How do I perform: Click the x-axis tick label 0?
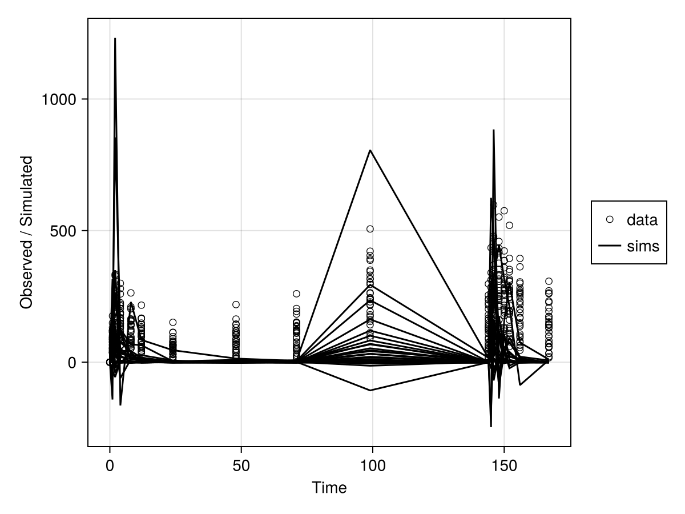pyautogui.click(x=110, y=465)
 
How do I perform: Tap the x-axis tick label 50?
pyautogui.click(x=241, y=465)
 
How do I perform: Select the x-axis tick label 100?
pyautogui.click(x=373, y=465)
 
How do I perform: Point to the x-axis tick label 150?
pyautogui.click(x=504, y=465)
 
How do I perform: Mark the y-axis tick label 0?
pyautogui.click(x=72, y=362)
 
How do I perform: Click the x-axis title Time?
pyautogui.click(x=329, y=488)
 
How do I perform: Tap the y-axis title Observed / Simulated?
pyautogui.click(x=26, y=232)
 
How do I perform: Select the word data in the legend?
pyautogui.click(x=642, y=219)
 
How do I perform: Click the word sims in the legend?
pyautogui.click(x=643, y=246)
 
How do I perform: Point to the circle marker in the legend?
pyautogui.click(x=610, y=219)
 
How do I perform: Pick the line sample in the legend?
pyautogui.click(x=610, y=246)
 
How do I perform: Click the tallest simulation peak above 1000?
pyautogui.click(x=115, y=39)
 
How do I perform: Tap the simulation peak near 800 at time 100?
pyautogui.click(x=370, y=150)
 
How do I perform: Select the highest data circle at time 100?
pyautogui.click(x=370, y=229)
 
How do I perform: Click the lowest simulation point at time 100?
pyautogui.click(x=370, y=390)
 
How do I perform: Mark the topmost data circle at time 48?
pyautogui.click(x=236, y=304)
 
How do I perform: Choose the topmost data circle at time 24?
pyautogui.click(x=172, y=322)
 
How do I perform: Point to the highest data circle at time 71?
pyautogui.click(x=296, y=294)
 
